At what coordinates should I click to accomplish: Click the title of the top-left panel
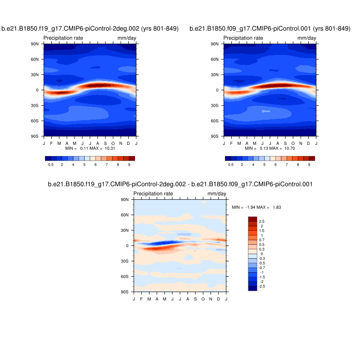90,29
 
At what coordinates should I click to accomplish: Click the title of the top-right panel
270,29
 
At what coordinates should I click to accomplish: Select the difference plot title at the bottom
180,184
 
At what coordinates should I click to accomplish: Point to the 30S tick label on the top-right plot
215,105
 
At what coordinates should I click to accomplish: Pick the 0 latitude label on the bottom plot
127,246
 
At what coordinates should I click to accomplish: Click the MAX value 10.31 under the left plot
110,148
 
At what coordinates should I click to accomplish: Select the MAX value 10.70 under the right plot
290,148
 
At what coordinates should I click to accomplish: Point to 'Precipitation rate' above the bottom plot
153,194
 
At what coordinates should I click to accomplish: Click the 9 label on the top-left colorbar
129,165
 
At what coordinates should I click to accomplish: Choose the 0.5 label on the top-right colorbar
231,165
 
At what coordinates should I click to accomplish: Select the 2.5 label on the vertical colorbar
261,221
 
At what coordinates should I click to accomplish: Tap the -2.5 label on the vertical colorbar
262,286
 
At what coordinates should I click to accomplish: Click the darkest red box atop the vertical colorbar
252,219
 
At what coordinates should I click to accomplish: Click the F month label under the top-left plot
51,143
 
